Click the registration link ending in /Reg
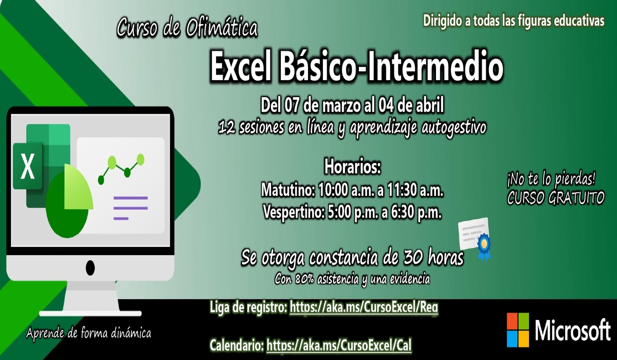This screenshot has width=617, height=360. (364, 308)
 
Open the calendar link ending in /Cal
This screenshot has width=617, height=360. (339, 345)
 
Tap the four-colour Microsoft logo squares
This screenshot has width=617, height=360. (518, 330)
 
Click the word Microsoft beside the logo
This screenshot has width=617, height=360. (573, 330)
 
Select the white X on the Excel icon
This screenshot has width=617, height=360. (28, 167)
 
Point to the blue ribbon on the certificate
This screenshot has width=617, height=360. (484, 246)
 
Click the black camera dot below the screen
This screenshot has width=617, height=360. (90, 267)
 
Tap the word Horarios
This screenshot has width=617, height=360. (353, 167)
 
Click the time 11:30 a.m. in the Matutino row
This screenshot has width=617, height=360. (415, 190)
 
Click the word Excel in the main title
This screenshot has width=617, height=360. (241, 67)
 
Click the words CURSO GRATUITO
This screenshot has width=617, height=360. (556, 198)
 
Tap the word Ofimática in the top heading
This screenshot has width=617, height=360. (222, 28)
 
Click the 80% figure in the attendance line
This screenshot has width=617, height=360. (305, 279)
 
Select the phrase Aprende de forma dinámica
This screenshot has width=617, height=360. (88, 334)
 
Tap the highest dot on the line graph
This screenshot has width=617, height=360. (140, 159)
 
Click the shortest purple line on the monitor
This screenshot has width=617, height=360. (121, 219)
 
